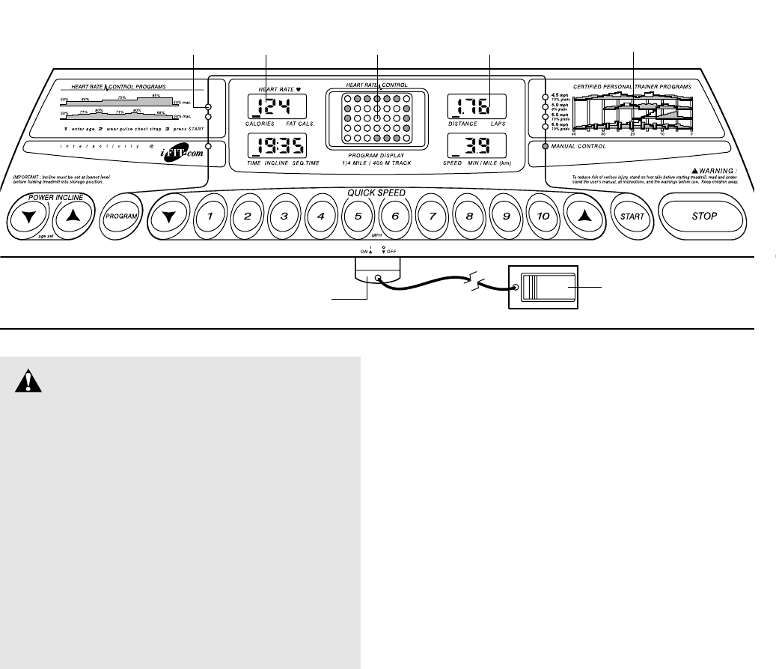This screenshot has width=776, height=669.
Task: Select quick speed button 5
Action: (358, 217)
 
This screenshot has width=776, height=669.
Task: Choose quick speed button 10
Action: (543, 217)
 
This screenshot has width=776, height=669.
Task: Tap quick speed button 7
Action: (432, 217)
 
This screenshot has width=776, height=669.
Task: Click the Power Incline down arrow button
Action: (28, 217)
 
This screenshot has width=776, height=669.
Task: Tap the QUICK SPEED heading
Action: (376, 193)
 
